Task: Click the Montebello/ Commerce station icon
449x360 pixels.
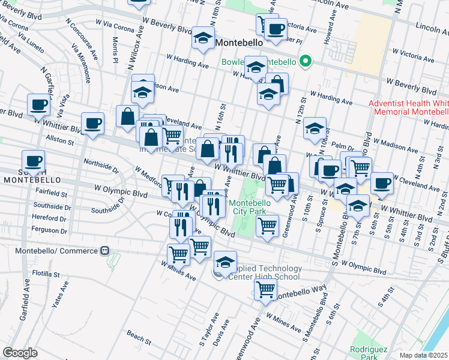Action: tap(105, 250)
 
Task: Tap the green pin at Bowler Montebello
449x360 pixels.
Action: tap(305, 61)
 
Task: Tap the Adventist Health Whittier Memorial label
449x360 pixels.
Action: tap(409, 107)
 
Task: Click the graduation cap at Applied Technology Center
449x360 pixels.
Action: tap(225, 262)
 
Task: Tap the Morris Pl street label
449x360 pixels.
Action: tap(115, 50)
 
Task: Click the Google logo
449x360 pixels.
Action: tap(20, 353)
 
